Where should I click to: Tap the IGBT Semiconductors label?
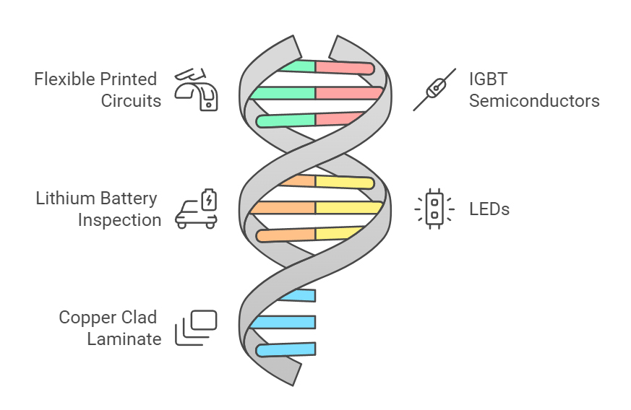(x=533, y=89)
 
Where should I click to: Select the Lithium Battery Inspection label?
(x=98, y=209)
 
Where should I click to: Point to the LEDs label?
(x=489, y=209)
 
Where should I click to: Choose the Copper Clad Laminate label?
(x=110, y=328)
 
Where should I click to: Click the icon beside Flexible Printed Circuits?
(x=197, y=89)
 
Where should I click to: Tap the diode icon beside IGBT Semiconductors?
(x=434, y=89)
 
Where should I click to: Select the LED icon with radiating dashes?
(x=434, y=209)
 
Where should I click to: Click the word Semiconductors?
(x=533, y=100)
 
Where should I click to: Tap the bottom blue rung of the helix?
(x=288, y=349)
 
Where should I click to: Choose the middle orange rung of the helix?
(x=283, y=208)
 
